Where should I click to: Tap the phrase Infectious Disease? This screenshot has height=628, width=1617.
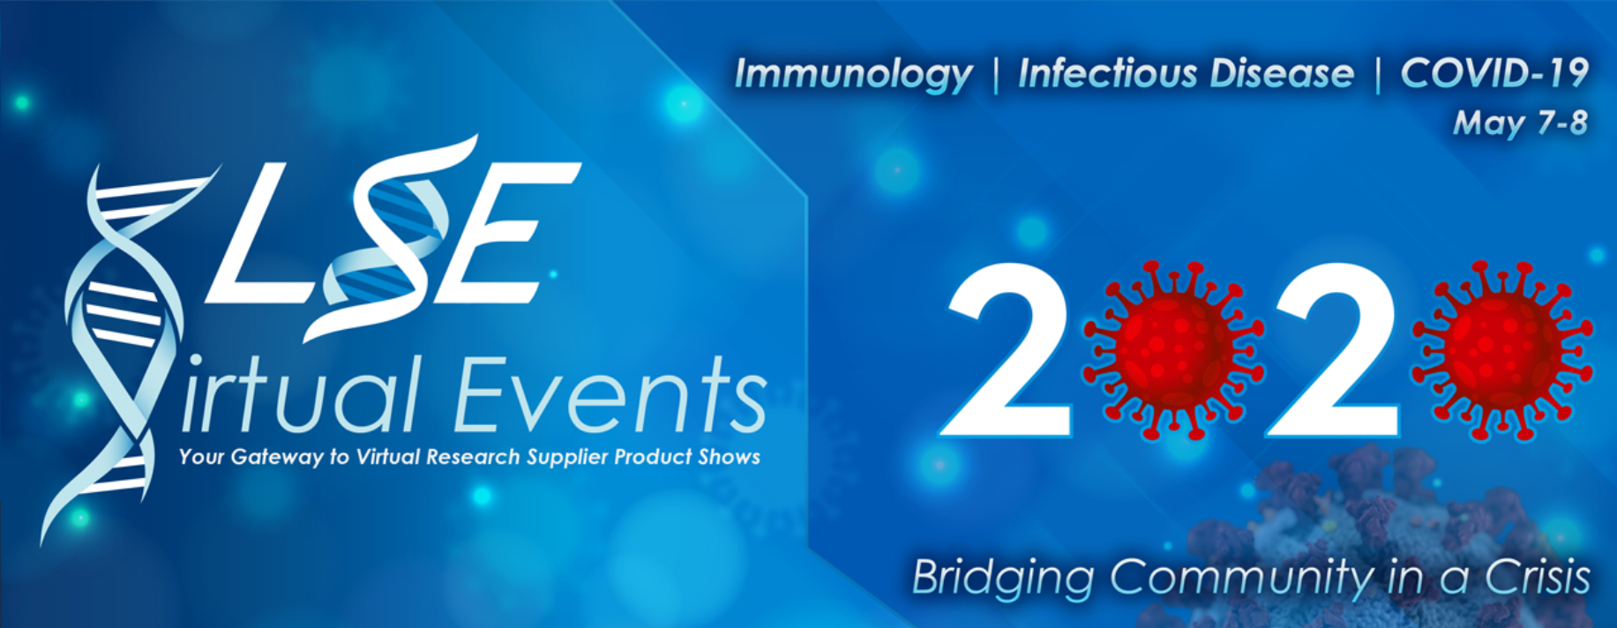(x=1186, y=73)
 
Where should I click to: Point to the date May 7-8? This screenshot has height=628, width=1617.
(x=1520, y=123)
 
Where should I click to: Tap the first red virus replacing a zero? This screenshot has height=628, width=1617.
(x=1173, y=350)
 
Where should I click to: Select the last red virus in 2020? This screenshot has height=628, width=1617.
(x=1502, y=350)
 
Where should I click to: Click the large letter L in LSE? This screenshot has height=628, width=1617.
(x=256, y=233)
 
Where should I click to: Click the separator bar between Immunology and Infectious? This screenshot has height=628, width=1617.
(x=996, y=75)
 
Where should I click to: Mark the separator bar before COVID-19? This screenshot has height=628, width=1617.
(x=1378, y=75)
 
